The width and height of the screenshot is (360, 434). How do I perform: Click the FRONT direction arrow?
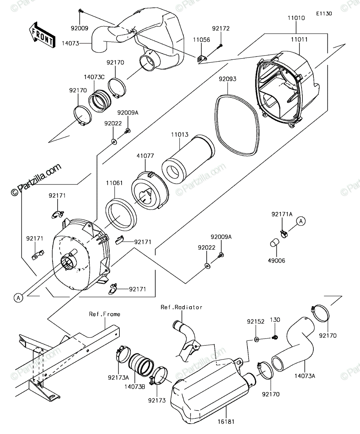click(x=42, y=35)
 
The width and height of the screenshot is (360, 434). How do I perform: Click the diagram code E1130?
click(x=324, y=14)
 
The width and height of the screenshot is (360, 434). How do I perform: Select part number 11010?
click(x=296, y=18)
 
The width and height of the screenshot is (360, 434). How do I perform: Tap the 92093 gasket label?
click(x=228, y=79)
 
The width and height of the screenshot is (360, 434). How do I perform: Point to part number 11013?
click(x=180, y=135)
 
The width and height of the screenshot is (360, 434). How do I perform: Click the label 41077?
click(x=145, y=156)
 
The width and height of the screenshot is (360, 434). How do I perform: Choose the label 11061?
click(x=114, y=183)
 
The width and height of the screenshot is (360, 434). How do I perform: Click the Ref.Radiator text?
click(x=181, y=307)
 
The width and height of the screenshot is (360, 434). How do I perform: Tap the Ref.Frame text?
click(x=105, y=314)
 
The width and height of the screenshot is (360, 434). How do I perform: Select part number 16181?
click(x=226, y=422)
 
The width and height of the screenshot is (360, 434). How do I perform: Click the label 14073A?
click(x=305, y=376)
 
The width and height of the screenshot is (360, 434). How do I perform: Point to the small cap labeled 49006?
click(x=275, y=242)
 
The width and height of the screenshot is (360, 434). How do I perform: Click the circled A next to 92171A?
click(x=301, y=221)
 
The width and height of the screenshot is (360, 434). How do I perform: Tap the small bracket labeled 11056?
click(x=202, y=59)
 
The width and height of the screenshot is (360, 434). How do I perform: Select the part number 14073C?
click(x=94, y=77)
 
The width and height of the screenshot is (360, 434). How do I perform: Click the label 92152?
click(x=255, y=322)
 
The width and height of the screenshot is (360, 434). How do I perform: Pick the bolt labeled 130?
click(x=275, y=337)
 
